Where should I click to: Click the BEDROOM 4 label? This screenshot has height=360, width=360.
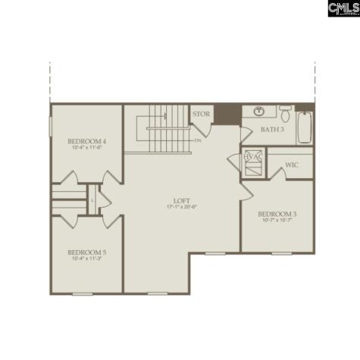pos(86,141)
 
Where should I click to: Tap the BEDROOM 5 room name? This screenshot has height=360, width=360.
pos(86,252)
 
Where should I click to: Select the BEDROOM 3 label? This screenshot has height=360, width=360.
pos(277,214)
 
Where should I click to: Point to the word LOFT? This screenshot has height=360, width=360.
pos(181,201)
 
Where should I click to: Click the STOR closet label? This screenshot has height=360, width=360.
pos(201,114)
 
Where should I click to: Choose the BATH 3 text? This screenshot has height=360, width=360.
pos(271,130)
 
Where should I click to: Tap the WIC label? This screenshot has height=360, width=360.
pos(292,165)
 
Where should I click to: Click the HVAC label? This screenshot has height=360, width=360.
pos(252,157)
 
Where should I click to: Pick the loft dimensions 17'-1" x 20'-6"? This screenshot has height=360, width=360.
pos(181,207)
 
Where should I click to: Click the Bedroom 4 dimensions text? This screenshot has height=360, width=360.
pos(86,147)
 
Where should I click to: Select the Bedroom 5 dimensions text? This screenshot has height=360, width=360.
pos(86,258)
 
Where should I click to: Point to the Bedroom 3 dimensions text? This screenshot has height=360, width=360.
pos(277,221)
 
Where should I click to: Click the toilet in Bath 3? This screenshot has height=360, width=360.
pos(285,115)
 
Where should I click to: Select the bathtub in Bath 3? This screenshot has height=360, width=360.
pos(305,127)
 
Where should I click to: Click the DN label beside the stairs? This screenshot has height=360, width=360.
pos(198,140)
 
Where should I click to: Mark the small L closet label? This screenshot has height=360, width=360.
pos(92,200)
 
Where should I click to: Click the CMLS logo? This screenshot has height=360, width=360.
pos(343,8)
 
